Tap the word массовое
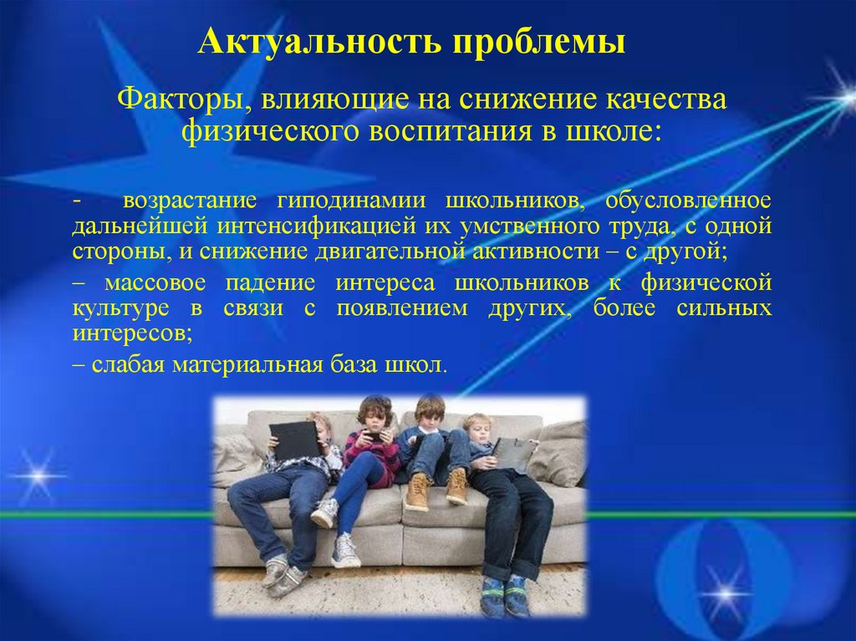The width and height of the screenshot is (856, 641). [155, 282]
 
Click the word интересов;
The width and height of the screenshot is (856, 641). [133, 333]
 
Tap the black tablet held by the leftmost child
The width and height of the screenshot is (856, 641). [295, 441]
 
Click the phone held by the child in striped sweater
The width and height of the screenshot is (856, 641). [373, 436]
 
